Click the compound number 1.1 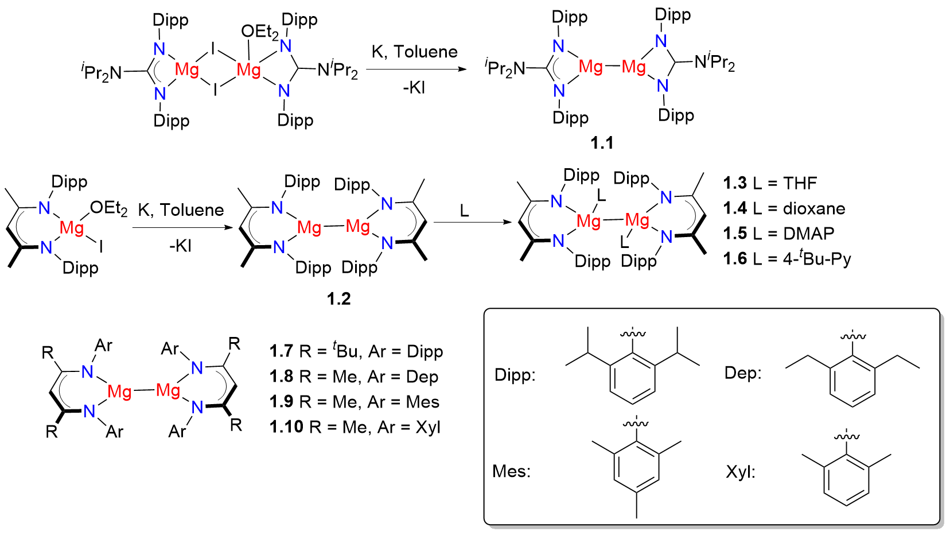(x=602, y=142)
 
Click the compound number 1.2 (x=338, y=298)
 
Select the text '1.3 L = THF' (x=770, y=183)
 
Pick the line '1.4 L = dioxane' (x=784, y=208)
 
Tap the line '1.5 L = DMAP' (x=778, y=234)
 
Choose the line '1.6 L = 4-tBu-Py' (x=787, y=259)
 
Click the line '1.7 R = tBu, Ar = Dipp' (x=356, y=351)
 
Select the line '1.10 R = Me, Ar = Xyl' (x=355, y=427)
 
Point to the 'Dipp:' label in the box (x=515, y=375)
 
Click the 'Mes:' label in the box (x=511, y=471)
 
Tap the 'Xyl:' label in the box (x=740, y=472)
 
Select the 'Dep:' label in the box (x=743, y=373)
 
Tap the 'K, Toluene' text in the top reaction (x=414, y=52)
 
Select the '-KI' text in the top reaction (x=414, y=88)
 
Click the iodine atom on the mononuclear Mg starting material (x=101, y=247)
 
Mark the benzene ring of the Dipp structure (x=633, y=377)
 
